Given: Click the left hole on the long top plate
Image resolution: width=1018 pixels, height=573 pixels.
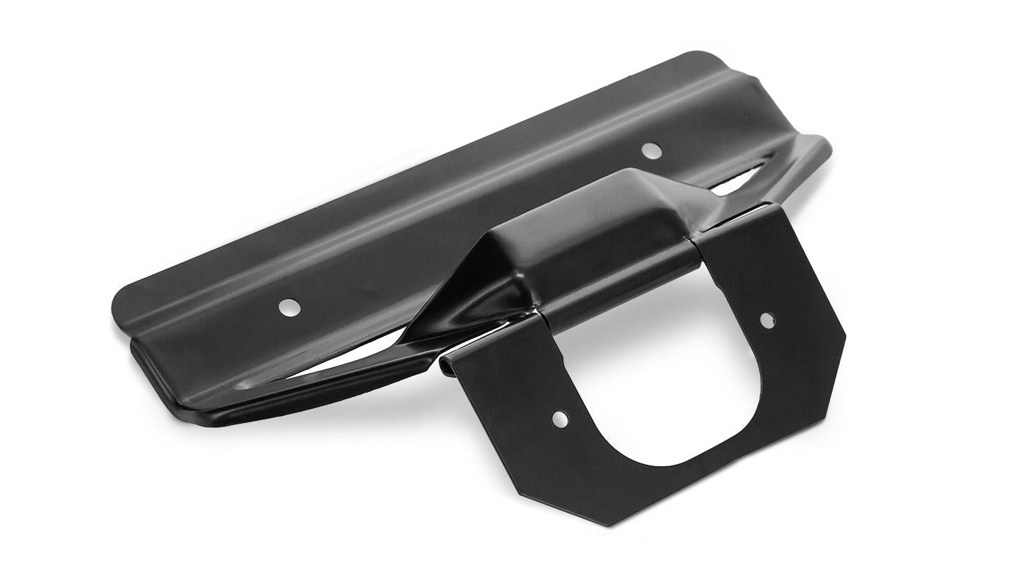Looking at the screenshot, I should [288, 307].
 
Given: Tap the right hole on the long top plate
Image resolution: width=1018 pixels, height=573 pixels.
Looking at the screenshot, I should [648, 149].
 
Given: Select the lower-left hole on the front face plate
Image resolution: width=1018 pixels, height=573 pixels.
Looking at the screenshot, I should [560, 419].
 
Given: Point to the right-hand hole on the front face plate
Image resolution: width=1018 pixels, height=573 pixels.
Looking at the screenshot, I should [767, 320].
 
